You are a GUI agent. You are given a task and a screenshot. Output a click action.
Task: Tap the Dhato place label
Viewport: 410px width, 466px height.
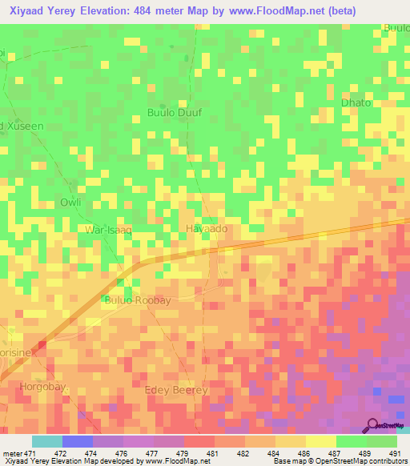click(356, 103)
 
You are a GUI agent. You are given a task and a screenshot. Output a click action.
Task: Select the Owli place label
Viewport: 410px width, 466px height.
click(71, 202)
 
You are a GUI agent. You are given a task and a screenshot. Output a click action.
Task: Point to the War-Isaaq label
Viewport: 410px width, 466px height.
click(107, 230)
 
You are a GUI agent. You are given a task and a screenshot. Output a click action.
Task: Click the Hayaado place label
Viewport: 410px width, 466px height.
click(207, 229)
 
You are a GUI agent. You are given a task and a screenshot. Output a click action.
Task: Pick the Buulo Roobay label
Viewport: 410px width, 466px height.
click(138, 299)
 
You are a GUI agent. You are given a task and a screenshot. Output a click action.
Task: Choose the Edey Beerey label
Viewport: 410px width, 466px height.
click(176, 390)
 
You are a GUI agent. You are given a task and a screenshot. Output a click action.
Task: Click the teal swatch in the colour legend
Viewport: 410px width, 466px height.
click(47, 441)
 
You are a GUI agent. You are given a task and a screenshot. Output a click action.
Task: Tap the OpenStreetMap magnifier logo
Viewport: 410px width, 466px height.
click(373, 425)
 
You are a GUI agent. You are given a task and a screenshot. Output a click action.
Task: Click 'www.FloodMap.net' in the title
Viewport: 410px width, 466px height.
click(264, 10)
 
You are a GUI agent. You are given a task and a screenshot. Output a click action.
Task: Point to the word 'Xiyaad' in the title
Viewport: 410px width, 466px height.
click(30, 10)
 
